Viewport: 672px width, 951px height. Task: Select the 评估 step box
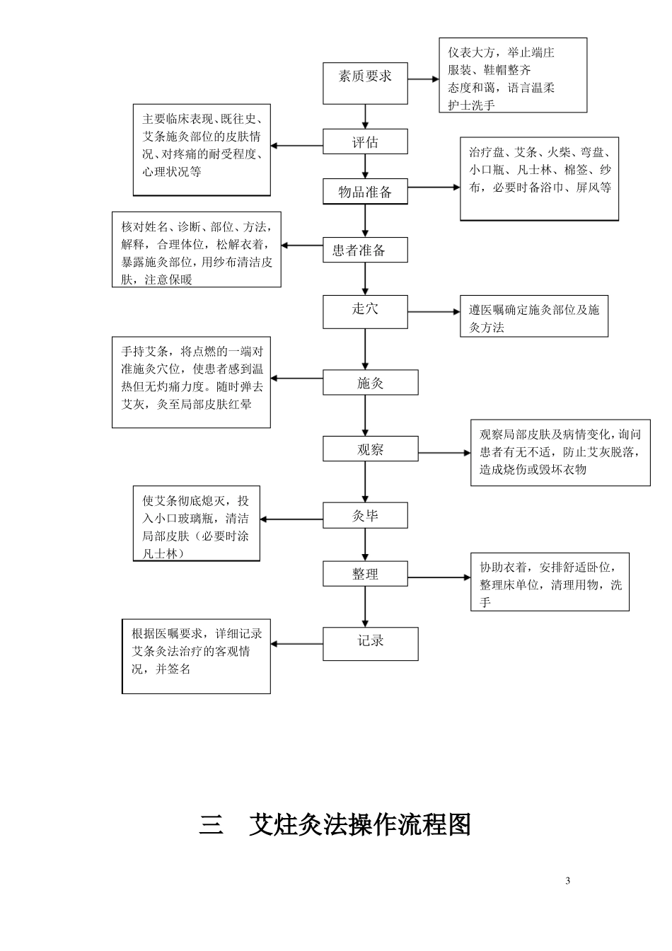pyautogui.click(x=365, y=142)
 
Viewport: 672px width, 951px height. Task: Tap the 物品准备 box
pyautogui.click(x=365, y=192)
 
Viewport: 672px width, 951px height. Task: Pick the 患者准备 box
pyautogui.click(x=365, y=250)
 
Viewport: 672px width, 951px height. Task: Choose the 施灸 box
pyautogui.click(x=370, y=383)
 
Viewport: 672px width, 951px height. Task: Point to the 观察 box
pyautogui.click(x=370, y=449)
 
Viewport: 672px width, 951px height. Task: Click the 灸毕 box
pyautogui.click(x=365, y=516)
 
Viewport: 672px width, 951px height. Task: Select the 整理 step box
pyautogui.click(x=365, y=574)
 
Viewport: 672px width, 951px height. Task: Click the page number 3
pyautogui.click(x=568, y=881)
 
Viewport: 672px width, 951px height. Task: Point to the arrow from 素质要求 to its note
pyautogui.click(x=423, y=79)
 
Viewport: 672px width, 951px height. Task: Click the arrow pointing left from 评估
pyautogui.click(x=297, y=146)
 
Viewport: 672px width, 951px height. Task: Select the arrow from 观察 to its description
pyautogui.click(x=444, y=453)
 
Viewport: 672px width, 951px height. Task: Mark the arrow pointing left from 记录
pyautogui.click(x=297, y=644)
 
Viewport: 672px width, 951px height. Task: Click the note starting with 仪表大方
pyautogui.click(x=513, y=76)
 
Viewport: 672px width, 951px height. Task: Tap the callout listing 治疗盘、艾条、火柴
pyautogui.click(x=540, y=179)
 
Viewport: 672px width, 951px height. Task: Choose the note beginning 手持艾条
pyautogui.click(x=191, y=382)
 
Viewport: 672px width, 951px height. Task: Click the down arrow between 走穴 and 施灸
pyautogui.click(x=365, y=349)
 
